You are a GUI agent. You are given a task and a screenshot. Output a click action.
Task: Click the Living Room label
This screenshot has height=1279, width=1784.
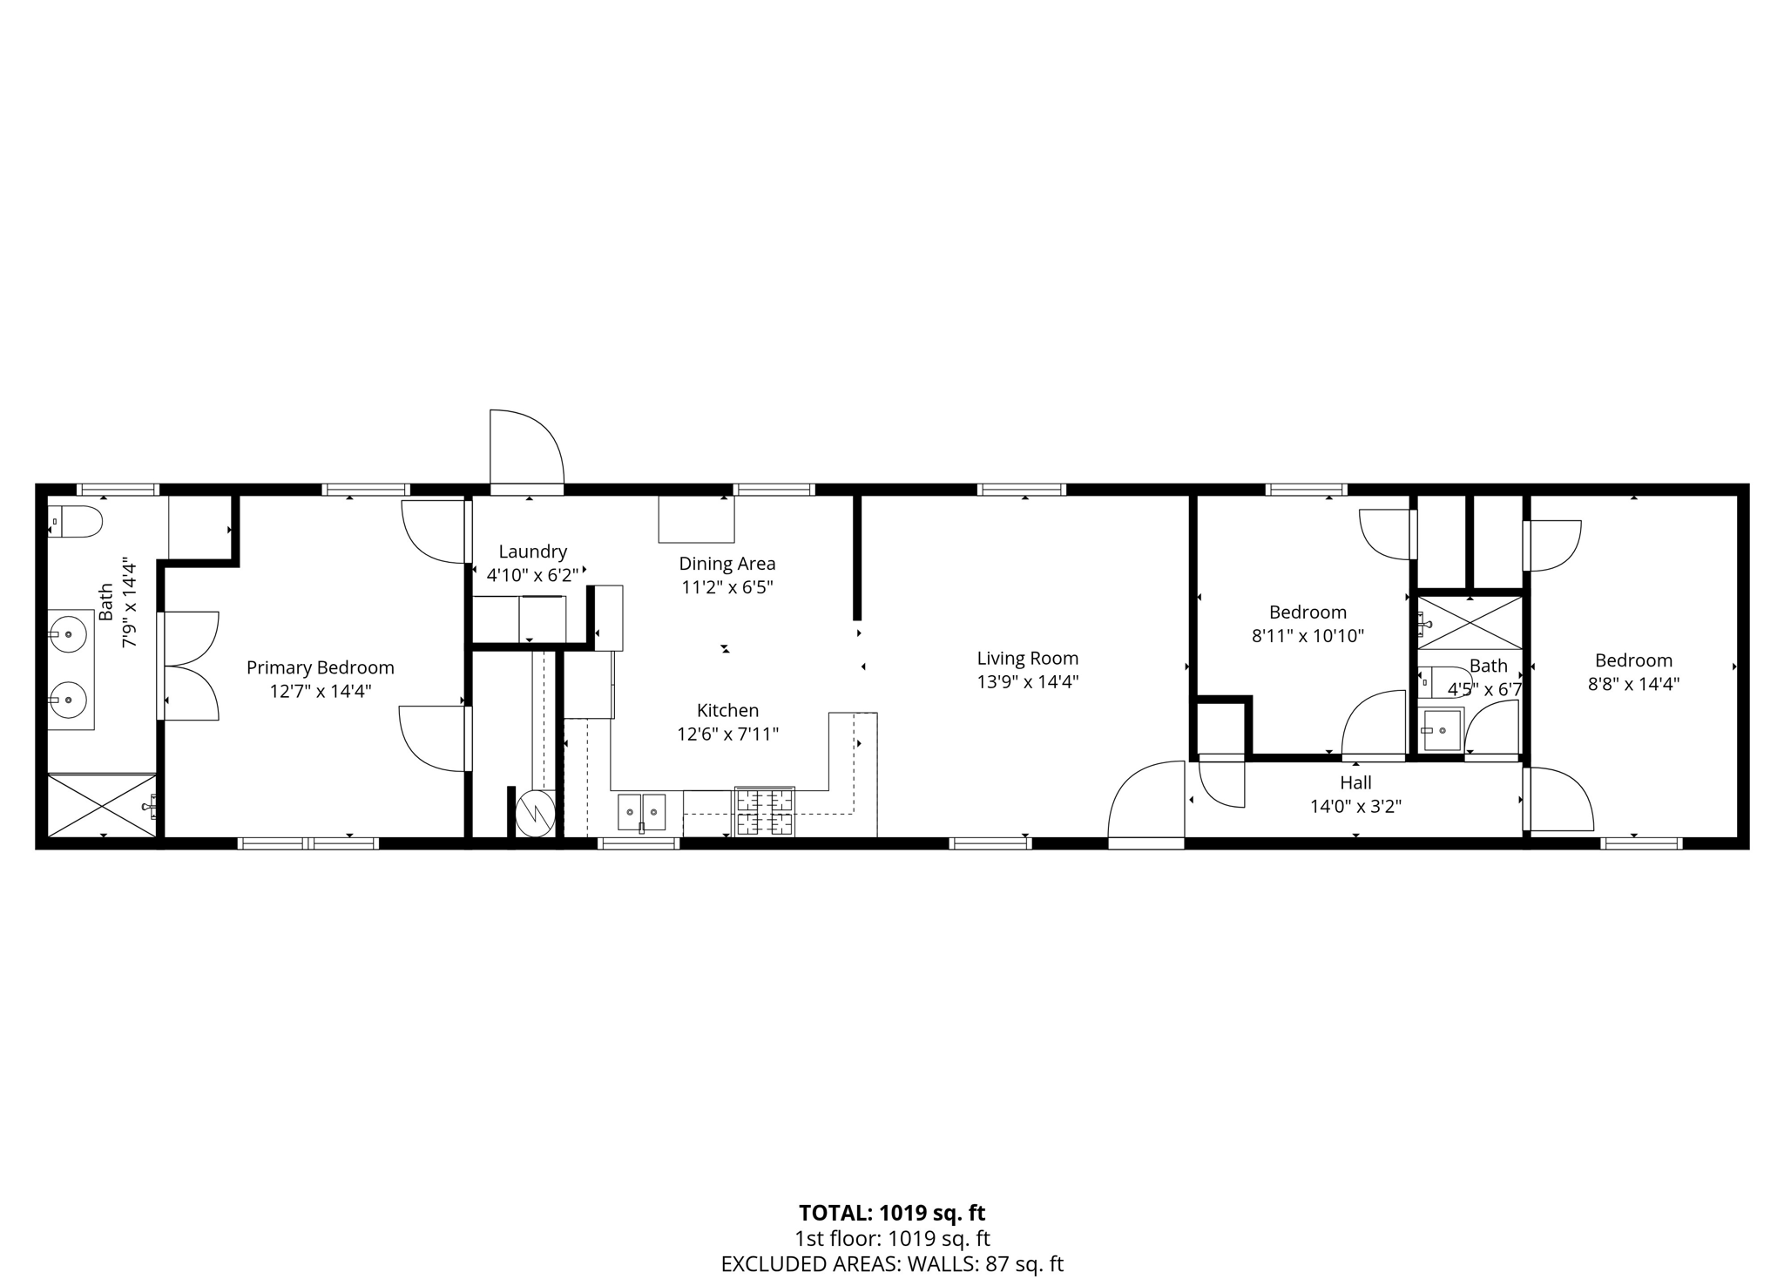tap(1027, 659)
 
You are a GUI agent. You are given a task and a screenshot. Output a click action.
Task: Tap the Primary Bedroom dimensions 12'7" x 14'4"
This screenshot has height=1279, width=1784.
tap(320, 691)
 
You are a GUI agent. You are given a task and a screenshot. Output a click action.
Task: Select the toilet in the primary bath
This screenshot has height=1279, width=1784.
tap(75, 521)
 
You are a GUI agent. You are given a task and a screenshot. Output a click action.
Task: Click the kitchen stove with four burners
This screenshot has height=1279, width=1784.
tap(765, 811)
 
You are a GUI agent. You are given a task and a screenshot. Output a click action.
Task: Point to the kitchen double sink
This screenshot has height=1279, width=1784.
tap(642, 812)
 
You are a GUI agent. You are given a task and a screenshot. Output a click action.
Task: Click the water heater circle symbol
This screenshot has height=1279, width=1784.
tap(534, 814)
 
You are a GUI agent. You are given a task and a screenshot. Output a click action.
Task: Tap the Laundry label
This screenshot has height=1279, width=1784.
tap(532, 552)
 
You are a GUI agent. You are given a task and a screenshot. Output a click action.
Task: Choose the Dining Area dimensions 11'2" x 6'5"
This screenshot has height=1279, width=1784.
tap(726, 587)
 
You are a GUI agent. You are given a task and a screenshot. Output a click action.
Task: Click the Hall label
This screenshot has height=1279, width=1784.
tap(1355, 782)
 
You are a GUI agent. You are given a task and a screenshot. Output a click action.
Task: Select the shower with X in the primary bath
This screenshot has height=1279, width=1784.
tap(102, 805)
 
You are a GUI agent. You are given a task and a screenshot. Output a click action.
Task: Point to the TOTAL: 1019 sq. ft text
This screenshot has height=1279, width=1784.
tap(892, 1213)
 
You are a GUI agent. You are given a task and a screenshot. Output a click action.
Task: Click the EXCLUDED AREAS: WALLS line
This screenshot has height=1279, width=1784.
tap(892, 1264)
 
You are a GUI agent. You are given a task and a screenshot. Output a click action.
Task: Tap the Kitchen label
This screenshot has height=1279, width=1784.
tap(727, 710)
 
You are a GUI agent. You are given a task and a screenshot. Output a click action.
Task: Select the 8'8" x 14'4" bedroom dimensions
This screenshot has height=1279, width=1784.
tap(1633, 684)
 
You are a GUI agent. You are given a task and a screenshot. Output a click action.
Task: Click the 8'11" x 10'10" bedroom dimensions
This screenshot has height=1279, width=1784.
tap(1308, 636)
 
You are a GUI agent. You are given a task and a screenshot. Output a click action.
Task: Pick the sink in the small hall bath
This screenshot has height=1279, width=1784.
tap(1442, 729)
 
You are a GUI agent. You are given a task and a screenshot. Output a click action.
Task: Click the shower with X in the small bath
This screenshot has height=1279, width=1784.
tap(1470, 622)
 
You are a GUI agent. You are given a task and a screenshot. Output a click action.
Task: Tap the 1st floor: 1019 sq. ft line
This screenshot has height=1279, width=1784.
tap(892, 1239)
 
